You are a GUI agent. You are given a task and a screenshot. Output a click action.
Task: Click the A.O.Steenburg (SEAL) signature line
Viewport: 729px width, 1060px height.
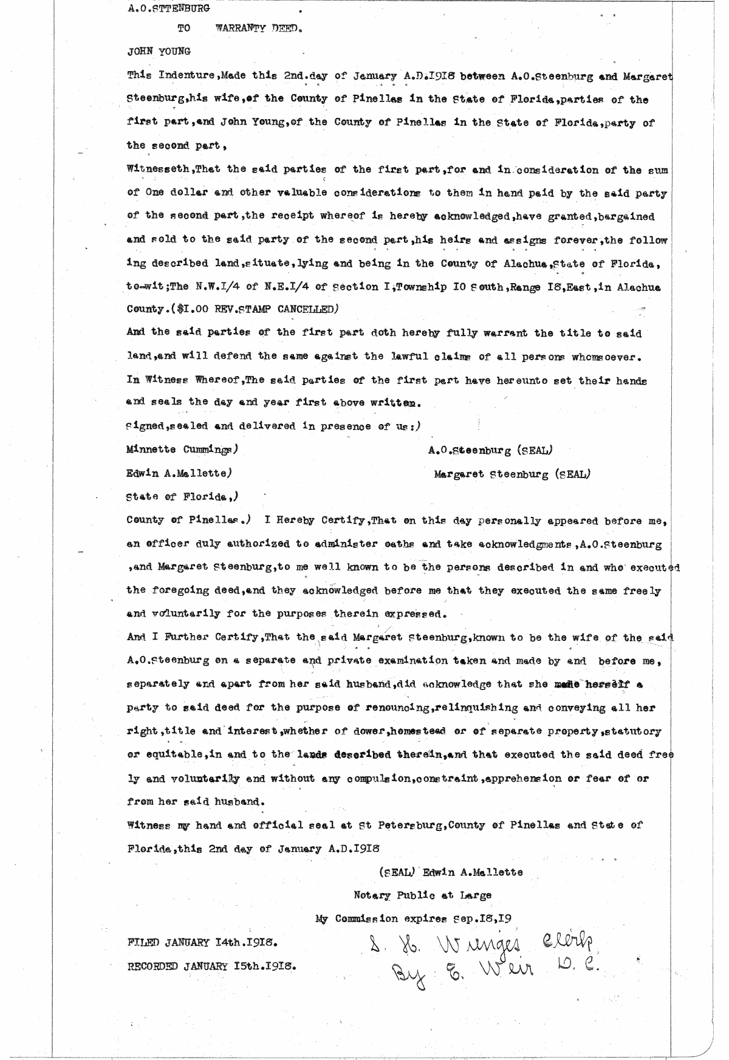pos(490,450)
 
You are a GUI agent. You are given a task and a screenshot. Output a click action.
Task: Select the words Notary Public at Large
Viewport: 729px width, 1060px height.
pos(423,895)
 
